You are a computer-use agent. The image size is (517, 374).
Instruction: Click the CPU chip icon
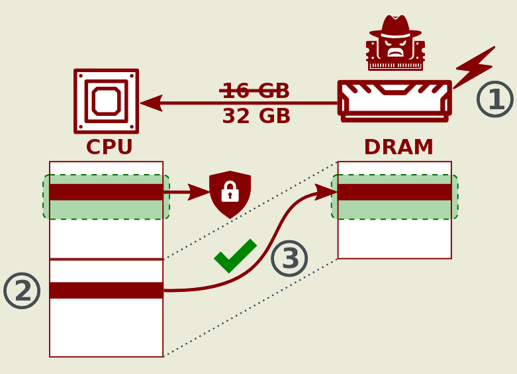coord(106,101)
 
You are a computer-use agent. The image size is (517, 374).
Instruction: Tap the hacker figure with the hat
coord(395,43)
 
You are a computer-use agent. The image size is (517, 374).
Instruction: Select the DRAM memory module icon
coord(395,101)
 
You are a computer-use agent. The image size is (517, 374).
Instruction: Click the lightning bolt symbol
coord(475,67)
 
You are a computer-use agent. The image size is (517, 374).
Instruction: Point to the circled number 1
coord(494,99)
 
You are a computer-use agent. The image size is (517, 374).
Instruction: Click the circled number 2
coord(22,291)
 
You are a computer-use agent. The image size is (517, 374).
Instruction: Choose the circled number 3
coord(289,258)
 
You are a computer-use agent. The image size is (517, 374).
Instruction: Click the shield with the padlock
coord(230,194)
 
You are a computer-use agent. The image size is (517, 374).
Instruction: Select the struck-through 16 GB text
coord(256,91)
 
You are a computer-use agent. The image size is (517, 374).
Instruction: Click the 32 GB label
coord(256,117)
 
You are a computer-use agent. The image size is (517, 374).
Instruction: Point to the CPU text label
coord(109,147)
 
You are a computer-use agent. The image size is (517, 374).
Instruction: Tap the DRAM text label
coord(399,147)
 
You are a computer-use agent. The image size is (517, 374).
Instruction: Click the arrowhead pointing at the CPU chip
coord(151,103)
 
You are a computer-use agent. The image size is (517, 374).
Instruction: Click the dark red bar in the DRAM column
coord(395,192)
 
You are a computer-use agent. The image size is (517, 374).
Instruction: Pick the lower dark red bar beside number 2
coord(106,291)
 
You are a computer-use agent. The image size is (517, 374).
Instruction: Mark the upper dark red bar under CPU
coord(106,192)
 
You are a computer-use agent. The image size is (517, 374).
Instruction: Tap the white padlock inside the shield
coord(230,193)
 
